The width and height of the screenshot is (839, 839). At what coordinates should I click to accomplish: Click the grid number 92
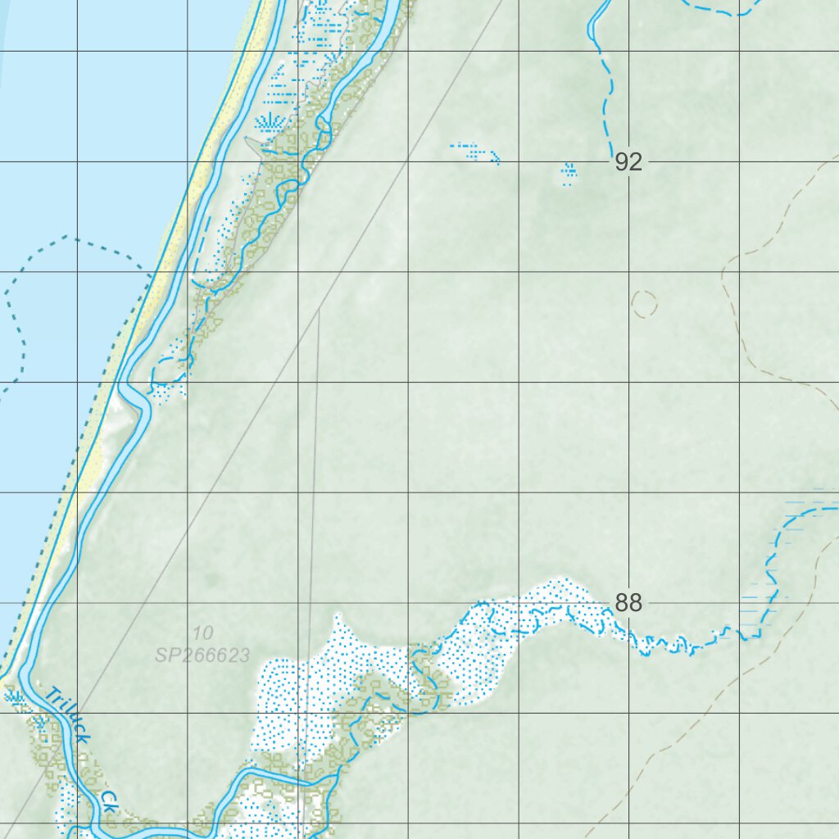pyautogui.click(x=628, y=162)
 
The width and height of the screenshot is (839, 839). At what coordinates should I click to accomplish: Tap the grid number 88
pyautogui.click(x=628, y=603)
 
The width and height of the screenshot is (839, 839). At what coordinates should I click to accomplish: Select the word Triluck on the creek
pyautogui.click(x=68, y=714)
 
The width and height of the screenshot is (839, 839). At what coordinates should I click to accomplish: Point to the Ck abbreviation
pyautogui.click(x=110, y=801)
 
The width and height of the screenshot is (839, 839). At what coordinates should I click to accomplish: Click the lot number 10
pyautogui.click(x=203, y=633)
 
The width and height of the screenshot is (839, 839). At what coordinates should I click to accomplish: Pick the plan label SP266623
pyautogui.click(x=202, y=655)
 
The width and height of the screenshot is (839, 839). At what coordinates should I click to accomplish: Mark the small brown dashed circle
pyautogui.click(x=645, y=304)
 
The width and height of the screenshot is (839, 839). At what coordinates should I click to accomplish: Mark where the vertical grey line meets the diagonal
pyautogui.click(x=319, y=311)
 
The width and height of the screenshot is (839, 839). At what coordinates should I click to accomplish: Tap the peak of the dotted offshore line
pyautogui.click(x=67, y=238)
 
